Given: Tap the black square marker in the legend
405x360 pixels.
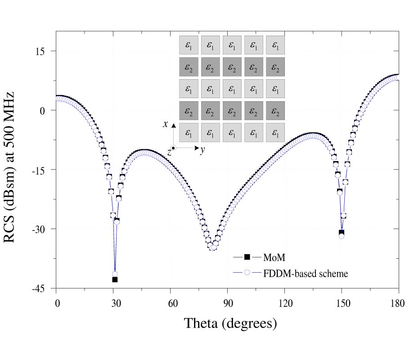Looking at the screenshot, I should pyautogui.click(x=247, y=257).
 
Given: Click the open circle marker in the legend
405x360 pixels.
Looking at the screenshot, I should pyautogui.click(x=247, y=273).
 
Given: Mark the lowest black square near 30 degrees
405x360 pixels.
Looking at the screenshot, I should pyautogui.click(x=115, y=280).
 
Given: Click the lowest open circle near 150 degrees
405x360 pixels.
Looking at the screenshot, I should pyautogui.click(x=342, y=236).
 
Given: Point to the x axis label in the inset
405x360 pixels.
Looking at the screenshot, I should pyautogui.click(x=166, y=124).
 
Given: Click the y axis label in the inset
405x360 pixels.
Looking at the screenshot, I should pyautogui.click(x=202, y=151).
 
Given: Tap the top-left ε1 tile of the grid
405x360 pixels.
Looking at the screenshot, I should pyautogui.click(x=188, y=45).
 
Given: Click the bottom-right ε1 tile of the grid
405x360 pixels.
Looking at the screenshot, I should pyautogui.click(x=275, y=133).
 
